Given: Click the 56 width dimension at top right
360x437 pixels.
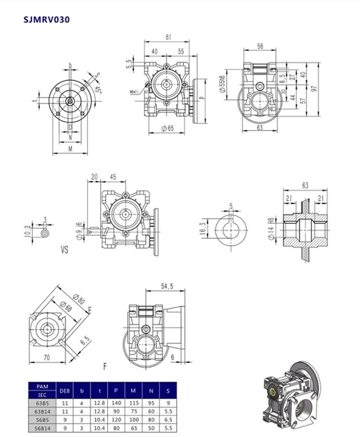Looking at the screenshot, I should point(260,47).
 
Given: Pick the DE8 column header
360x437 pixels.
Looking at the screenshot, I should point(64,389).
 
